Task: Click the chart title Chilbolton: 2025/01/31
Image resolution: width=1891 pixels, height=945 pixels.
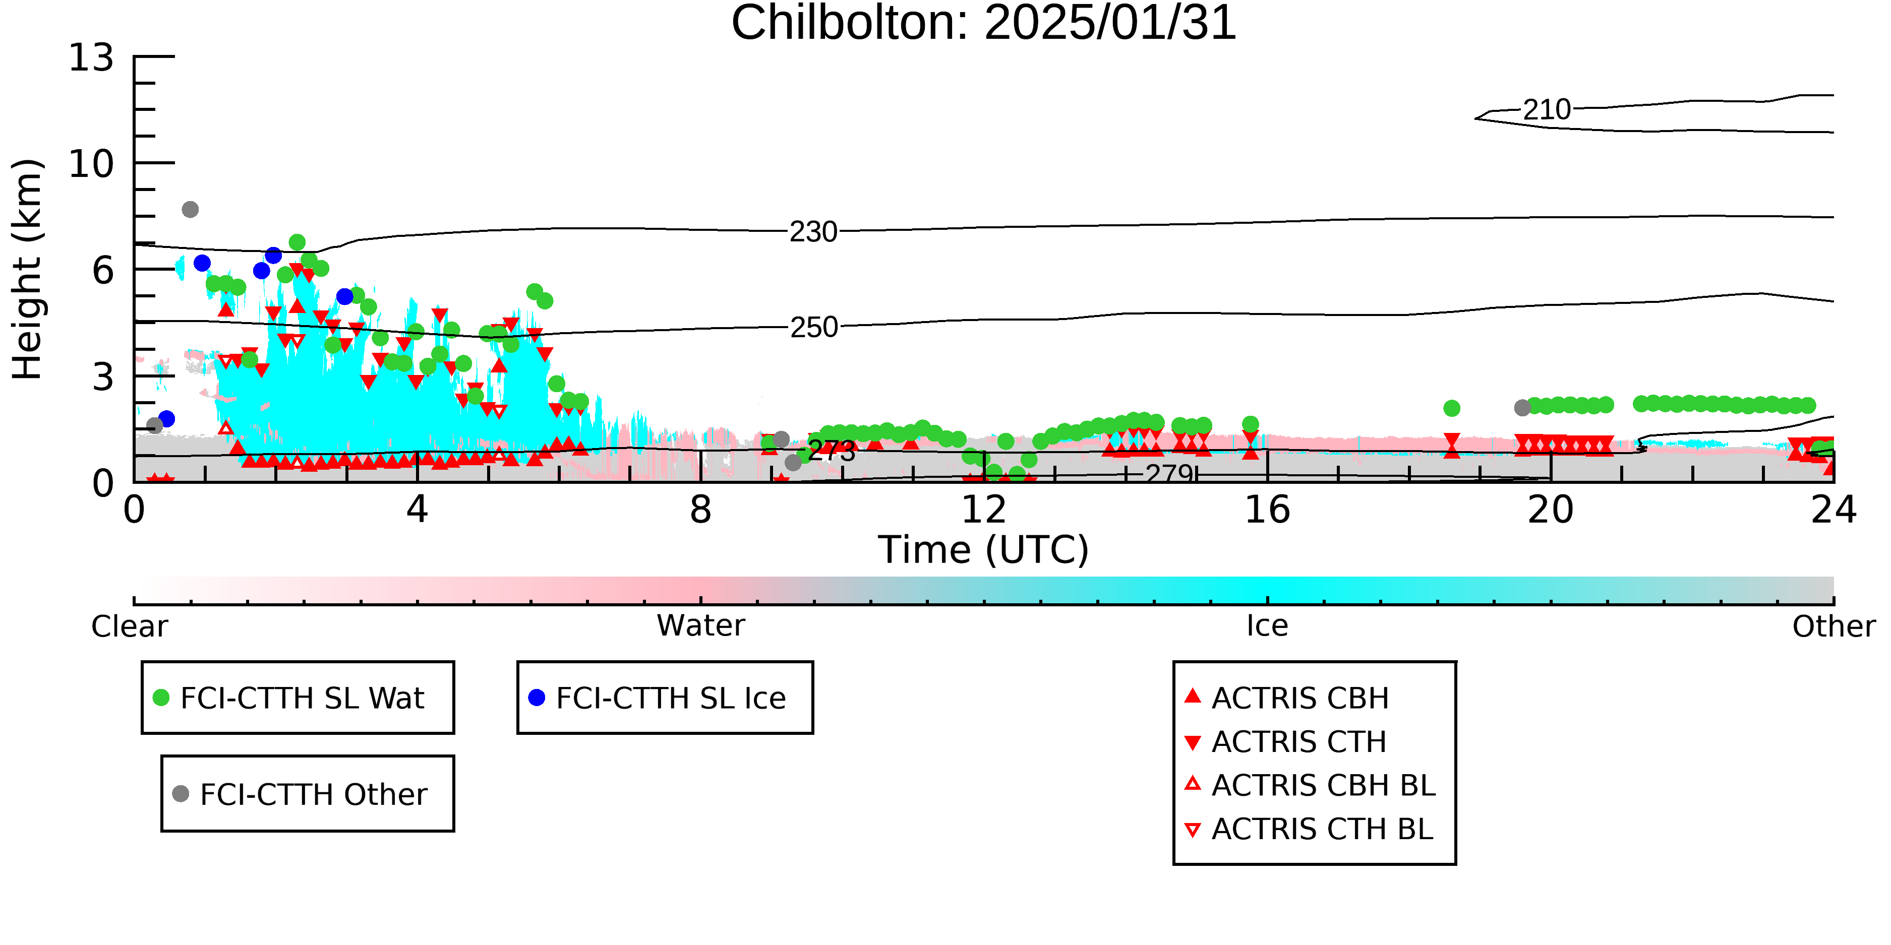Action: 984,24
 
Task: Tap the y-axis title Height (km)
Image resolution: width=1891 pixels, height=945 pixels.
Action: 28,269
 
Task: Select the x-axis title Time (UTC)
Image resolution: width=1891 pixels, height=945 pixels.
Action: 984,549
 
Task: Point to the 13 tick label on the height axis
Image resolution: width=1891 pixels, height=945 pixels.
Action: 91,57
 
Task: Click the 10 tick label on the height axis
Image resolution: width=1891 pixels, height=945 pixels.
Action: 91,164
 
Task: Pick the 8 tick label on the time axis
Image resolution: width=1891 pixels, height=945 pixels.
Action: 701,510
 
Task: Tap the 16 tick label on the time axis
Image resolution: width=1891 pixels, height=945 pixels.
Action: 1268,510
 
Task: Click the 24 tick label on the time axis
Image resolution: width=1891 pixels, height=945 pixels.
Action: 1834,510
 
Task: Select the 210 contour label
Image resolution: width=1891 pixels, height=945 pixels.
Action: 1547,110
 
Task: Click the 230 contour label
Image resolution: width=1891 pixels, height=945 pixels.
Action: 813,232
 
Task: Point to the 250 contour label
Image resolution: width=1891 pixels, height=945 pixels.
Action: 813,327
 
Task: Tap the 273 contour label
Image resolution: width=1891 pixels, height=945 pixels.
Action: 832,451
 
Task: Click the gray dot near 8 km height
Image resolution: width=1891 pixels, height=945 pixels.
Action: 190,210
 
